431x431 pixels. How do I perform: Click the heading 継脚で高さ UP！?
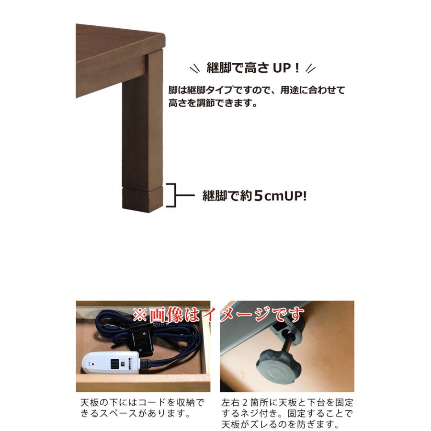(x=253, y=68)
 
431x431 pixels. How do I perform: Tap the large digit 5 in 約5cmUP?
(x=259, y=195)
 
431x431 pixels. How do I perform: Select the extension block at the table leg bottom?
(x=142, y=200)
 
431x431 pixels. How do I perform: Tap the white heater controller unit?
(x=111, y=363)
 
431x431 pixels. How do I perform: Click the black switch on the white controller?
(x=114, y=364)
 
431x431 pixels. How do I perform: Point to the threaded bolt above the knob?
(x=288, y=343)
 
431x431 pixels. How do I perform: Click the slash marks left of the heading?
(x=195, y=68)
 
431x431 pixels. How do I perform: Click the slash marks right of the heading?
(x=311, y=68)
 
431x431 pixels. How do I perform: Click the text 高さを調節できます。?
(x=213, y=103)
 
